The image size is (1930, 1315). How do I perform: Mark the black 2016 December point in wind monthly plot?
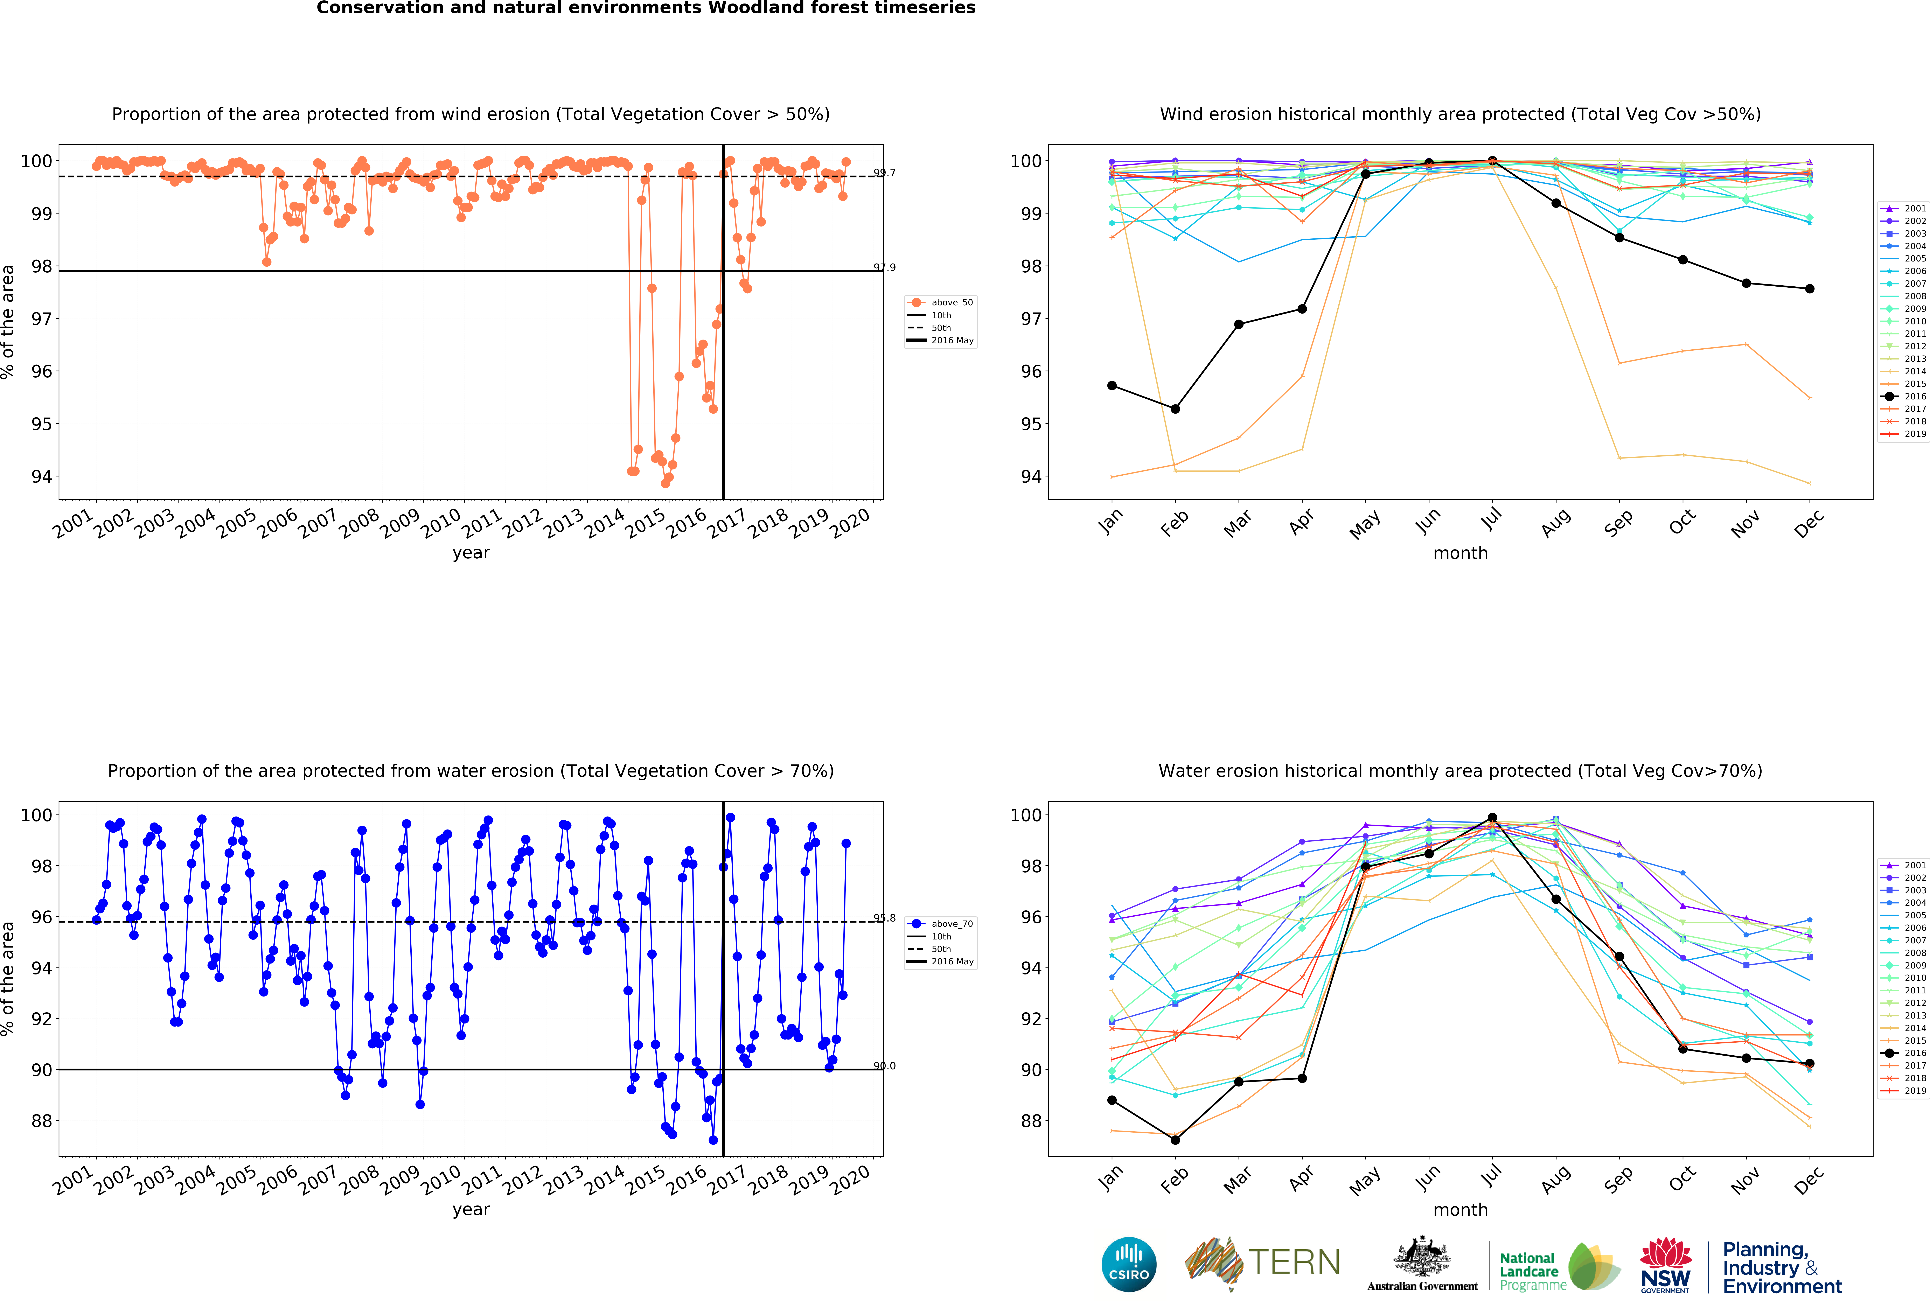[x=1810, y=289]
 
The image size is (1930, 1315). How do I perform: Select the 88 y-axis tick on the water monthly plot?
[x=1030, y=1121]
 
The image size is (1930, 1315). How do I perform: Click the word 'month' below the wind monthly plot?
[x=1460, y=553]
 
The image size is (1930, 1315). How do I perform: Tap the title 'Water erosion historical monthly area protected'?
[x=1460, y=770]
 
